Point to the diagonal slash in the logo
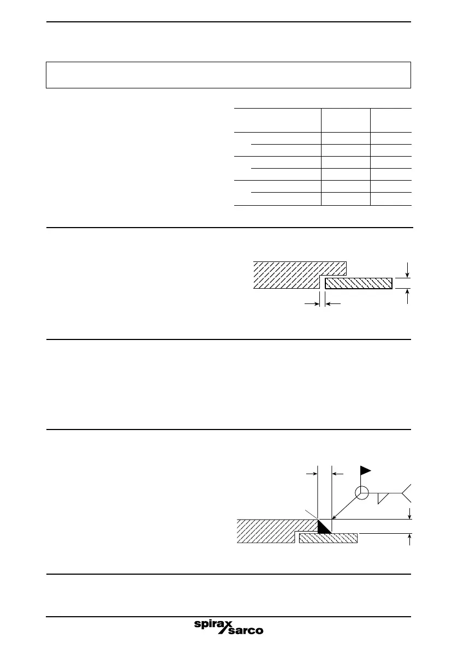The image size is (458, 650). click(x=225, y=627)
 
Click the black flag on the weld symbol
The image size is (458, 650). click(x=365, y=470)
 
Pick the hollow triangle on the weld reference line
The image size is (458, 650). click(x=384, y=497)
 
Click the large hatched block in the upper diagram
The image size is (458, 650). click(x=289, y=275)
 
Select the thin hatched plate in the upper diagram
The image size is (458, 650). click(x=359, y=283)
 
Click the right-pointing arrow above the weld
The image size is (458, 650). click(x=312, y=474)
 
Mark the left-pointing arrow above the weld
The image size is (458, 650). click(x=338, y=474)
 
